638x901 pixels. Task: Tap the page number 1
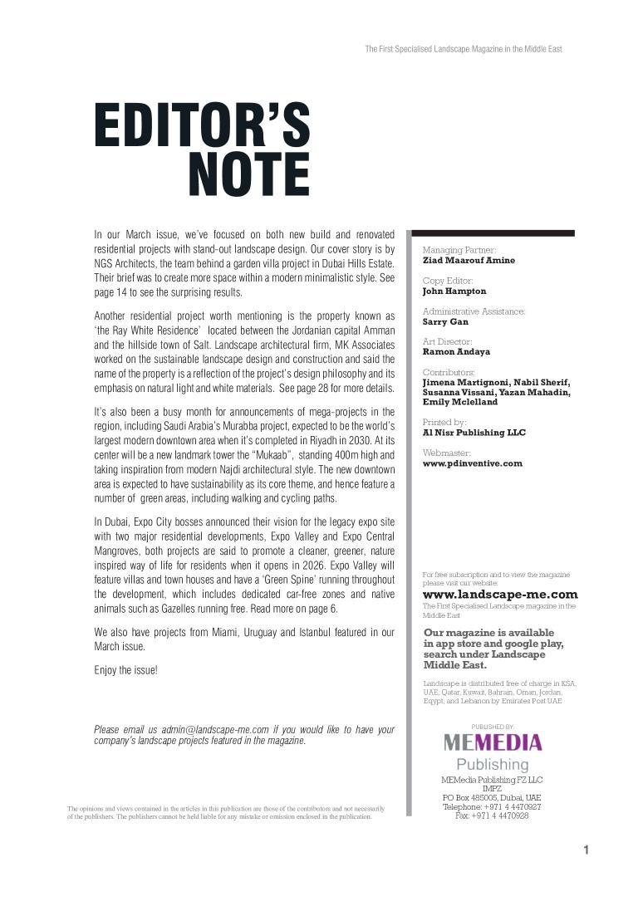click(x=586, y=850)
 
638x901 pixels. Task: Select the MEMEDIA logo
click(x=492, y=742)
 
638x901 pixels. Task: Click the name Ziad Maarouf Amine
click(x=469, y=260)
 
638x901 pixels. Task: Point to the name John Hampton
click(x=454, y=291)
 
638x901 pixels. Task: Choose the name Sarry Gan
click(x=445, y=321)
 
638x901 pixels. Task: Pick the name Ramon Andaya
click(x=456, y=351)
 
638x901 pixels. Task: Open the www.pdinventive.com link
click(x=473, y=463)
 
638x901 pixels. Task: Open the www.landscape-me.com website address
click(x=500, y=595)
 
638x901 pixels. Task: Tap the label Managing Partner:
click(x=459, y=250)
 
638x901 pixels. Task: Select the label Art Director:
click(x=447, y=341)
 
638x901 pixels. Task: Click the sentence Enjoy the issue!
click(x=125, y=669)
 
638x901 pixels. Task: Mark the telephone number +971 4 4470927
click(x=505, y=806)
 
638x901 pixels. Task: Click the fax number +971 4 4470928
click(x=503, y=815)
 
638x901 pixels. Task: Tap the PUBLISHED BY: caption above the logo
click(x=493, y=726)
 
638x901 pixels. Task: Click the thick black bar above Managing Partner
click(x=492, y=233)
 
